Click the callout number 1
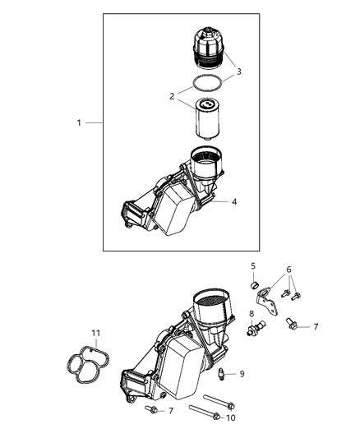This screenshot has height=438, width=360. point(80,122)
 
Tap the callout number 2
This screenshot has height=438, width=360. point(172,96)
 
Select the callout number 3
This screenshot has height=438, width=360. point(238,71)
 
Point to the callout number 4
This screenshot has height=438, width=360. point(235,201)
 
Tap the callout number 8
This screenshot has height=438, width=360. point(252,313)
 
